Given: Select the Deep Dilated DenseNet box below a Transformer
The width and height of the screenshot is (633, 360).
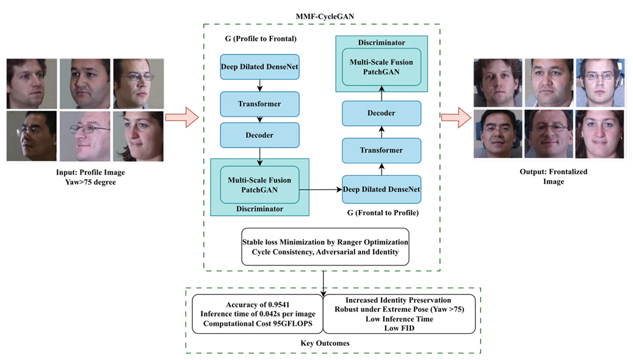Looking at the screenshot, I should tap(382, 189).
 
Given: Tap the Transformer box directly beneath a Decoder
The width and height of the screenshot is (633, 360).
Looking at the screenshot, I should tap(382, 150).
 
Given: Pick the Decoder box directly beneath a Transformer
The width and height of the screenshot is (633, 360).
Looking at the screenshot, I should tap(260, 135).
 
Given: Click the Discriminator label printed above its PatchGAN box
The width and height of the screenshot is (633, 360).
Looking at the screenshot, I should tap(381, 43).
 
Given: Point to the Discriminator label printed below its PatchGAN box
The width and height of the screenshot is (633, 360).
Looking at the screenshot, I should tap(260, 209).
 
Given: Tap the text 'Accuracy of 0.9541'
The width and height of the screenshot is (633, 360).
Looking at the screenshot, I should tap(257, 304).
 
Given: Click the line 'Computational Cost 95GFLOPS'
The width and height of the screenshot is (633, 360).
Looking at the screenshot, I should tap(257, 323).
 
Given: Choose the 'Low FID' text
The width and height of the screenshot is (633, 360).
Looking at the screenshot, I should tap(399, 328).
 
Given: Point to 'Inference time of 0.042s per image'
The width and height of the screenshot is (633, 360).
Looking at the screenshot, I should tap(257, 314).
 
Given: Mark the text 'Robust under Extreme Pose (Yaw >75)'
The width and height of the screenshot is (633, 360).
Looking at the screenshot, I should tap(399, 309).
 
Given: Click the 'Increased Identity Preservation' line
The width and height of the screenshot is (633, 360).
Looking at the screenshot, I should tap(399, 300).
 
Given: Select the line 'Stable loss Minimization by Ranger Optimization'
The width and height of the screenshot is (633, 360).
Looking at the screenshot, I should tap(325, 242).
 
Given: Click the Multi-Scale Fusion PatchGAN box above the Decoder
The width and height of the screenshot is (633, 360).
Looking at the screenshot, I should tap(381, 67).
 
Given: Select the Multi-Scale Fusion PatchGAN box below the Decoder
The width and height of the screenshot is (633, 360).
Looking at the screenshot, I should tap(259, 184).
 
